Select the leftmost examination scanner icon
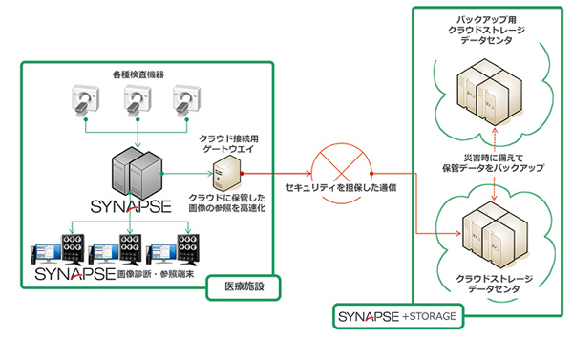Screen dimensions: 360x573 (x=88, y=102)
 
